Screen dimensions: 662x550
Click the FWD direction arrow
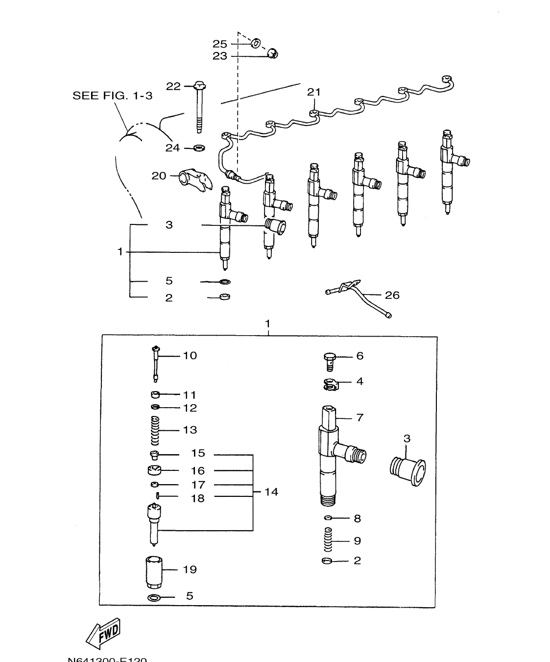tap(103, 636)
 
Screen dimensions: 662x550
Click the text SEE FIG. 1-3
tap(112, 96)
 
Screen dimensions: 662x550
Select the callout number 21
tap(313, 92)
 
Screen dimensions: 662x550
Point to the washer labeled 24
tap(199, 147)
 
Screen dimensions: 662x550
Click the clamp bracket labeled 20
tap(195, 178)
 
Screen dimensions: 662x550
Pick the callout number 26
tap(392, 295)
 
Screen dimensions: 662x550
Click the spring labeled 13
tap(155, 429)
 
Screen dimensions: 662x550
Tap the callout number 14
tap(271, 491)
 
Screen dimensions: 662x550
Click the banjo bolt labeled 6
tap(330, 361)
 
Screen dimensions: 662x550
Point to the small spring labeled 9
tap(329, 539)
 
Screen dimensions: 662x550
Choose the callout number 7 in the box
tap(359, 417)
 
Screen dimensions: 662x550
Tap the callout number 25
tap(219, 44)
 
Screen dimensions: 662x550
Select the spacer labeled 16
tap(154, 471)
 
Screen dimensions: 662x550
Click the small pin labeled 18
tap(157, 496)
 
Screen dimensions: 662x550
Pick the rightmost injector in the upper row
tap(449, 172)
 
